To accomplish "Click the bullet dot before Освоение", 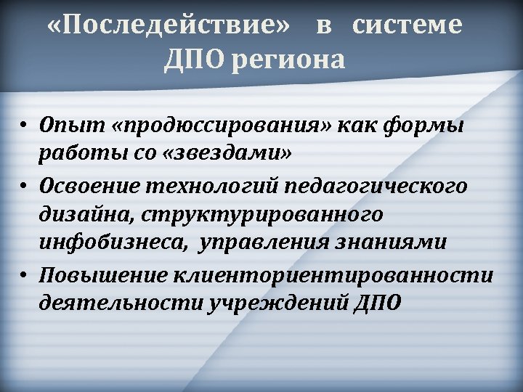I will tap(24, 186).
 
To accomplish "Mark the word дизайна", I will tap(81, 215).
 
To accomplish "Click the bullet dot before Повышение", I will tap(24, 275).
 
